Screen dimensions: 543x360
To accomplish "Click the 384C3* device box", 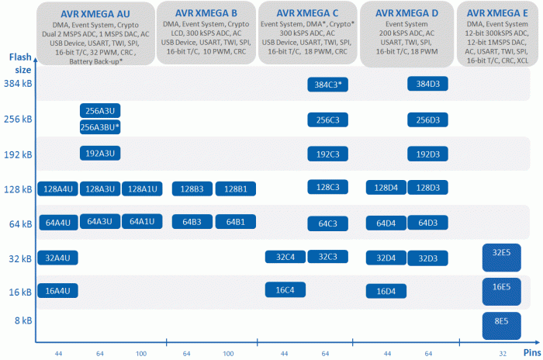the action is click(x=327, y=85).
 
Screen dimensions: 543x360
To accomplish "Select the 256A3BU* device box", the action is click(x=100, y=127).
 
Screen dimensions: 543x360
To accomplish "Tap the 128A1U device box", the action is click(x=142, y=189).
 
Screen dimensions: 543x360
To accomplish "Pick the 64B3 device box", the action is click(x=192, y=222).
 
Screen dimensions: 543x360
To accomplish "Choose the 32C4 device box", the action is click(x=285, y=257).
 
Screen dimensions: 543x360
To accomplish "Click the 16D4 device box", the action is click(x=386, y=292).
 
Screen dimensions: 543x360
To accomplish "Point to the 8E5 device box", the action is click(x=501, y=326).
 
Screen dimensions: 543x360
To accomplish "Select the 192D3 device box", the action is click(x=427, y=154).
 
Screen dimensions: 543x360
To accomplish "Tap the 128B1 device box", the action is click(x=236, y=189).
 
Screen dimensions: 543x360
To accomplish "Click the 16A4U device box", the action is click(x=58, y=291).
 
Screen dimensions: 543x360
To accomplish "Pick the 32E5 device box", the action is click(x=501, y=258).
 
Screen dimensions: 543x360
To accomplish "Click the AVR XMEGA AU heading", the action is click(x=95, y=14).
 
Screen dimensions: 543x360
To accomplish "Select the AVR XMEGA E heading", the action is click(x=497, y=13).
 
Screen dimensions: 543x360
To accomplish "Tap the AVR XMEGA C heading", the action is click(x=307, y=13).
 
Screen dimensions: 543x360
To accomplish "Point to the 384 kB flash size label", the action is click(x=18, y=84).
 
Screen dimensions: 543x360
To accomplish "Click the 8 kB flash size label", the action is click(x=23, y=320).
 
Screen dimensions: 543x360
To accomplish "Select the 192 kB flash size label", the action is click(x=18, y=154).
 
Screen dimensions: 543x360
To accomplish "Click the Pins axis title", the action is click(x=532, y=353).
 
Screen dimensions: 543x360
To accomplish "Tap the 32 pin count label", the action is click(x=503, y=354).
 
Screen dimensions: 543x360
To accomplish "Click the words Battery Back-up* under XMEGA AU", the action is click(x=96, y=61).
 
